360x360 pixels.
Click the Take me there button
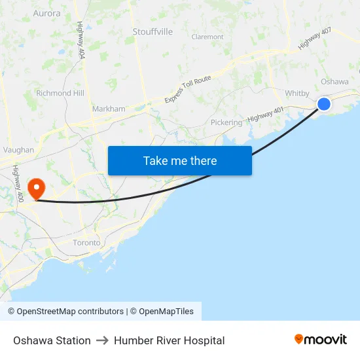tap(180, 160)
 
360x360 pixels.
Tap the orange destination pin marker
tap(35, 189)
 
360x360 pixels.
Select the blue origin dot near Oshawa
tap(323, 104)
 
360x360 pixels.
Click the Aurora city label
tap(46, 13)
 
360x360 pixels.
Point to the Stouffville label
tap(153, 31)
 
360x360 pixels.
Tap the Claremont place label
tap(207, 37)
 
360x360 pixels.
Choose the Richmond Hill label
tap(60, 93)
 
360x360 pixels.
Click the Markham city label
tap(109, 109)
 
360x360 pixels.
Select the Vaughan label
tap(18, 150)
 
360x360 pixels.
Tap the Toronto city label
tap(86, 243)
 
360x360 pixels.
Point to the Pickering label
tap(226, 122)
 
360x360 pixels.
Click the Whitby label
tap(297, 93)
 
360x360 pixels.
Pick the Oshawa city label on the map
tap(334, 82)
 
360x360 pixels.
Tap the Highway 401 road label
tap(266, 115)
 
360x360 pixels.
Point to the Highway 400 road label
tap(18, 183)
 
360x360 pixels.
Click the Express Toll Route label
tap(188, 88)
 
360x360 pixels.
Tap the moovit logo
tap(321, 340)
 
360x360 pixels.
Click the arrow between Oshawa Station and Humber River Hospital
tap(102, 340)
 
